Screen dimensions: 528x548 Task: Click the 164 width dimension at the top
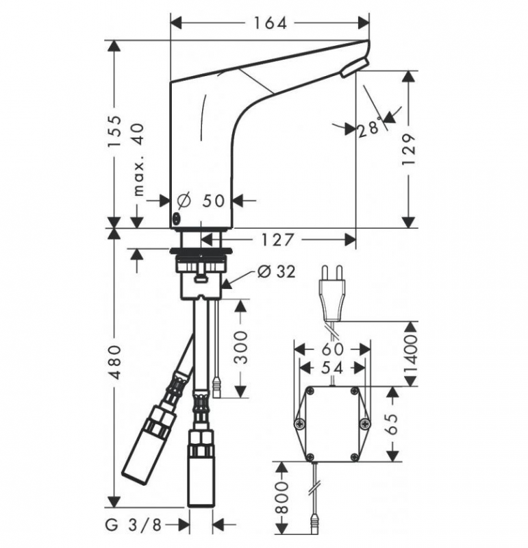tap(269, 23)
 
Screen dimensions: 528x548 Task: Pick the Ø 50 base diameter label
tap(201, 201)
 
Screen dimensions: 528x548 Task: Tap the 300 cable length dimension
tap(240, 349)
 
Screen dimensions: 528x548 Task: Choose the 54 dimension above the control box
tap(331, 369)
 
